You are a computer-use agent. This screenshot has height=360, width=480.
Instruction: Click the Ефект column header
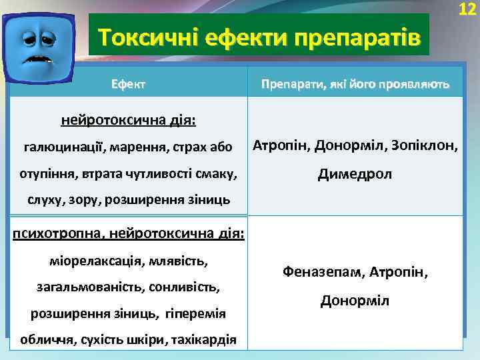coord(129,85)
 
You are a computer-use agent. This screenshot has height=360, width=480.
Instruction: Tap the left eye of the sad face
coord(27,39)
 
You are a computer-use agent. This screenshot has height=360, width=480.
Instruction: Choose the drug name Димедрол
coord(355,174)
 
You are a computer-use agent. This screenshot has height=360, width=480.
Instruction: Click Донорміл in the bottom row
coord(355,301)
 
